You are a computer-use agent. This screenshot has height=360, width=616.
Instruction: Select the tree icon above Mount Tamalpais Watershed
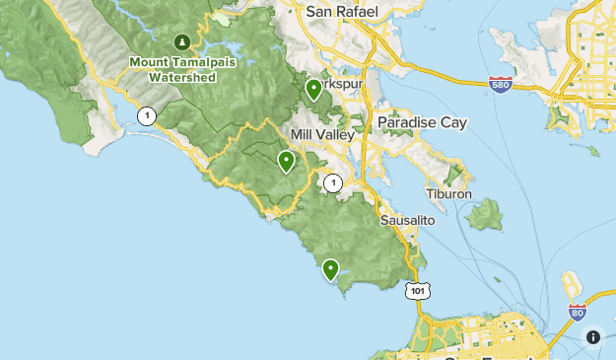point(181,41)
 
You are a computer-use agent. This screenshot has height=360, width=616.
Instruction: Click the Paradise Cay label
point(422,123)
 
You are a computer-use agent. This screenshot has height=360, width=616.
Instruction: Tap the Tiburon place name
point(449,194)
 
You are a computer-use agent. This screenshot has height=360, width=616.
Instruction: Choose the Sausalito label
point(407,221)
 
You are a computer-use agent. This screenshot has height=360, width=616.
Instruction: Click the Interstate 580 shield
point(501,85)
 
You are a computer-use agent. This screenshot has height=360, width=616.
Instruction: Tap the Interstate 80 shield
point(578,313)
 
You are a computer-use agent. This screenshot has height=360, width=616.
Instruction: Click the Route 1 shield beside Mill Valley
point(333,182)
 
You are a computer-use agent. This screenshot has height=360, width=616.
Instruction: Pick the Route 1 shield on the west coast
point(147,115)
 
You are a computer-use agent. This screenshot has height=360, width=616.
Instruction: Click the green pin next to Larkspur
point(313,90)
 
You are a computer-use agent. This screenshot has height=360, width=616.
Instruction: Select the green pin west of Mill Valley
point(286,161)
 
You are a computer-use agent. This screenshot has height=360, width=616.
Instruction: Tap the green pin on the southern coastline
point(330,268)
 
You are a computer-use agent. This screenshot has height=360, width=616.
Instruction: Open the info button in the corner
point(593,337)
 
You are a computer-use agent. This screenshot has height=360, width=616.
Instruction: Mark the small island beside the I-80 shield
point(571,287)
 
